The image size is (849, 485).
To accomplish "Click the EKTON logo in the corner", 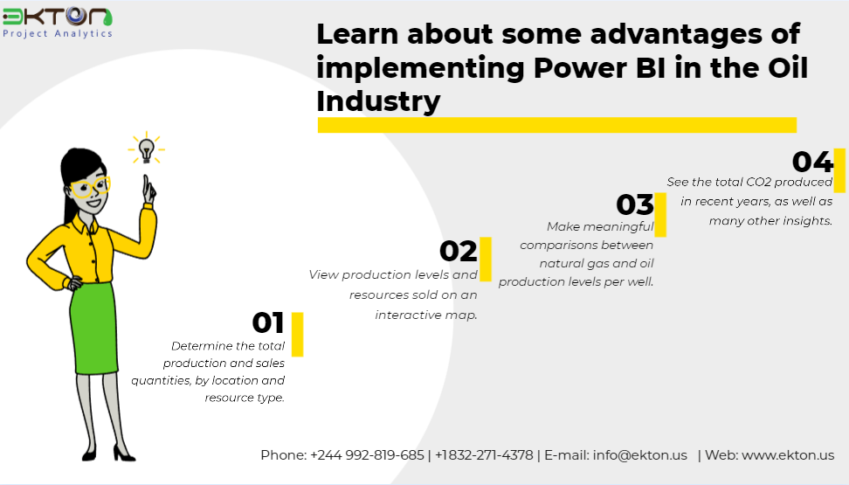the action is coord(58,23).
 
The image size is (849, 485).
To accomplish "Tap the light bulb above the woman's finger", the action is coord(146,149).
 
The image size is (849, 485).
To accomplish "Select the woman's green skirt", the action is coord(93,328).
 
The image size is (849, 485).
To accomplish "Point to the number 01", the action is coord(268,323).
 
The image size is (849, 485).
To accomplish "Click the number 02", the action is coord(458,251).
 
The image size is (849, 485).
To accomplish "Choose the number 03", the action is coord(635,204).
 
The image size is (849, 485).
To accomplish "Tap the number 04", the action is coord(812,162).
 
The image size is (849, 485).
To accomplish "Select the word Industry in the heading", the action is coord(378,101).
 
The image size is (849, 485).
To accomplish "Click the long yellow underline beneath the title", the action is coord(557,125).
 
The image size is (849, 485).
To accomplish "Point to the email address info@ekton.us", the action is coord(640,455).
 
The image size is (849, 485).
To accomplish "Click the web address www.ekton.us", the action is coord(788,455).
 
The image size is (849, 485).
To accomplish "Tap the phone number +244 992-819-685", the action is coord(367,455).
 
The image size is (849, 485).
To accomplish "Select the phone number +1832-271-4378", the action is coord(484,455).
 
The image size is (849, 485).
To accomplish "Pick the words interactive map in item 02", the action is coord(426,315).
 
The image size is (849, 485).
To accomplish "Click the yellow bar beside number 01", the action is coord(297,335).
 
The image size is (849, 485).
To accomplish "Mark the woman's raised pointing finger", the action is coord(146,184).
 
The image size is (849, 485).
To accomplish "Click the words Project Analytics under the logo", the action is coord(58,33).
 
